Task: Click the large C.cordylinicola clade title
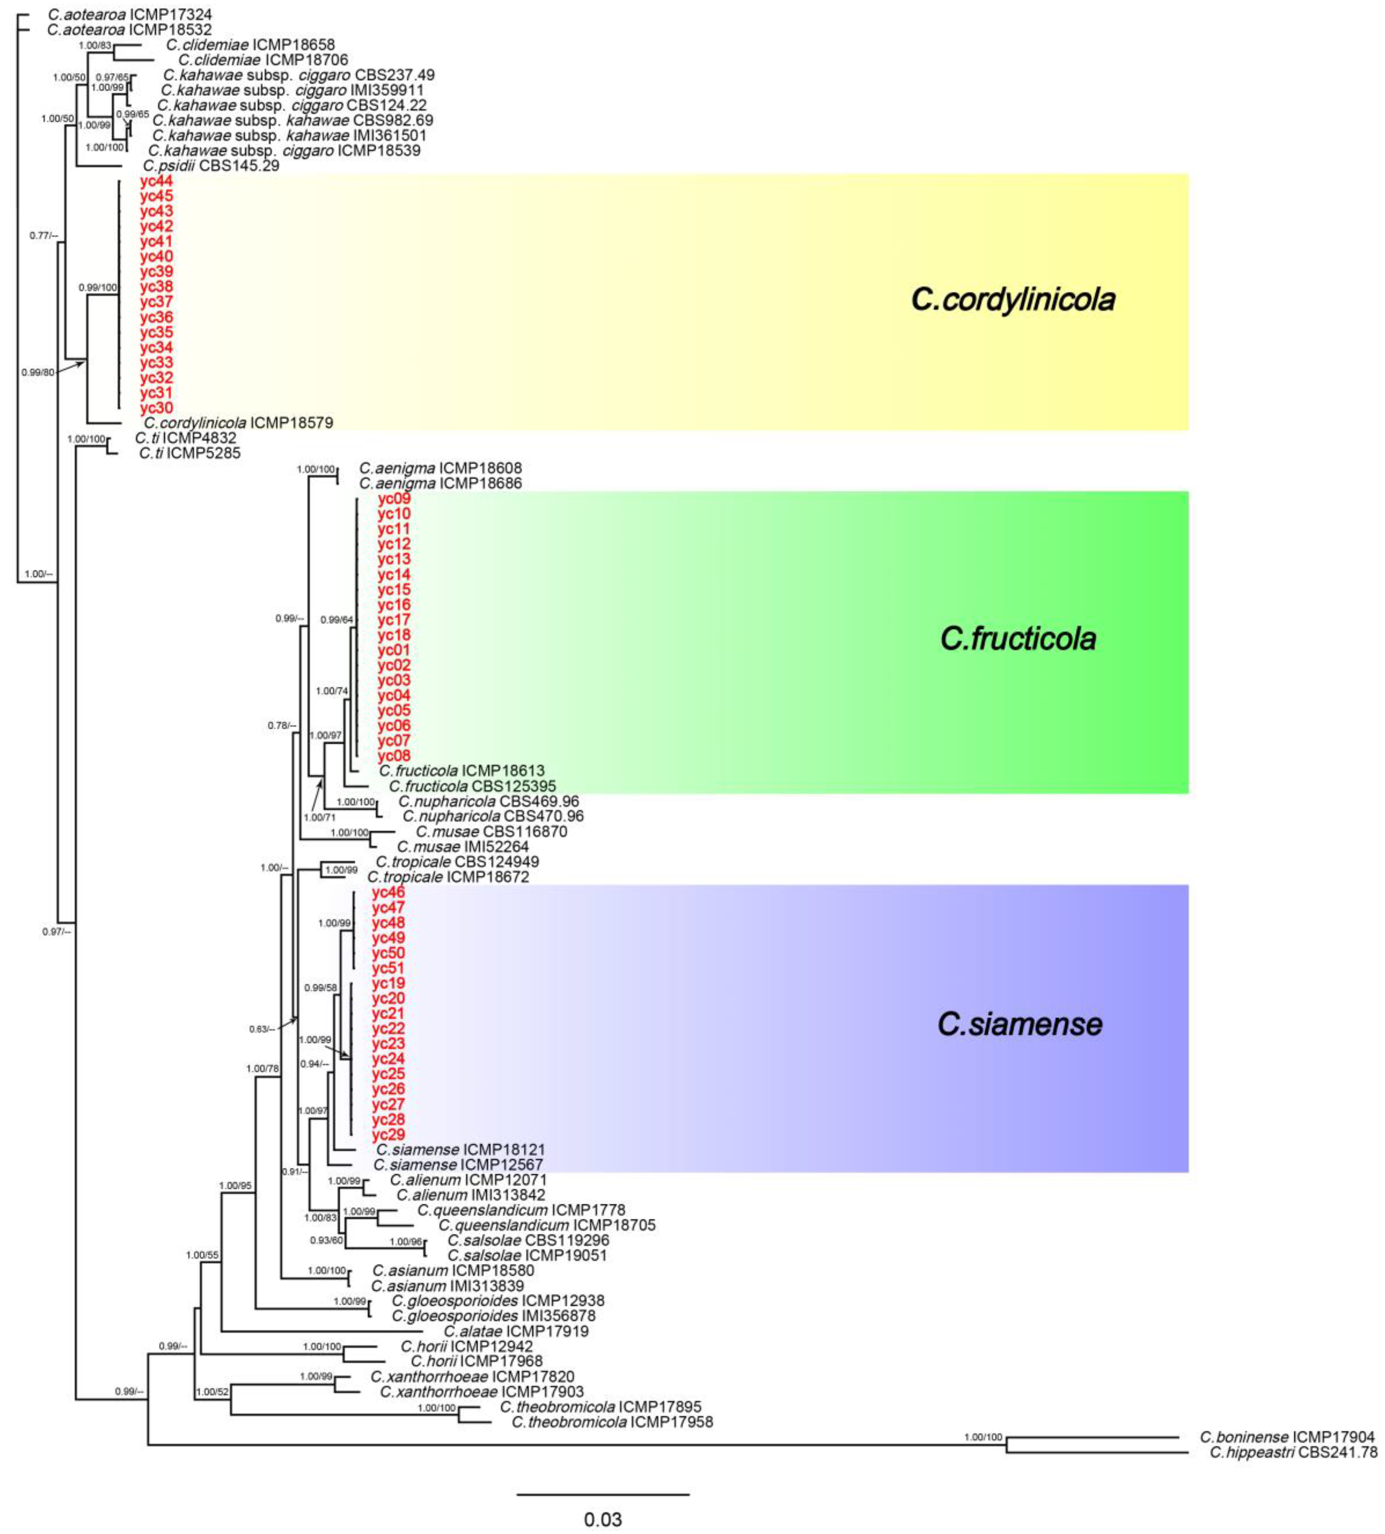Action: click(1013, 299)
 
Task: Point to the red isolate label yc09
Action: click(394, 498)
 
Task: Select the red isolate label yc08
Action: click(394, 755)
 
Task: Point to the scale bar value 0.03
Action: click(603, 1520)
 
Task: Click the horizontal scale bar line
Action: click(603, 1493)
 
